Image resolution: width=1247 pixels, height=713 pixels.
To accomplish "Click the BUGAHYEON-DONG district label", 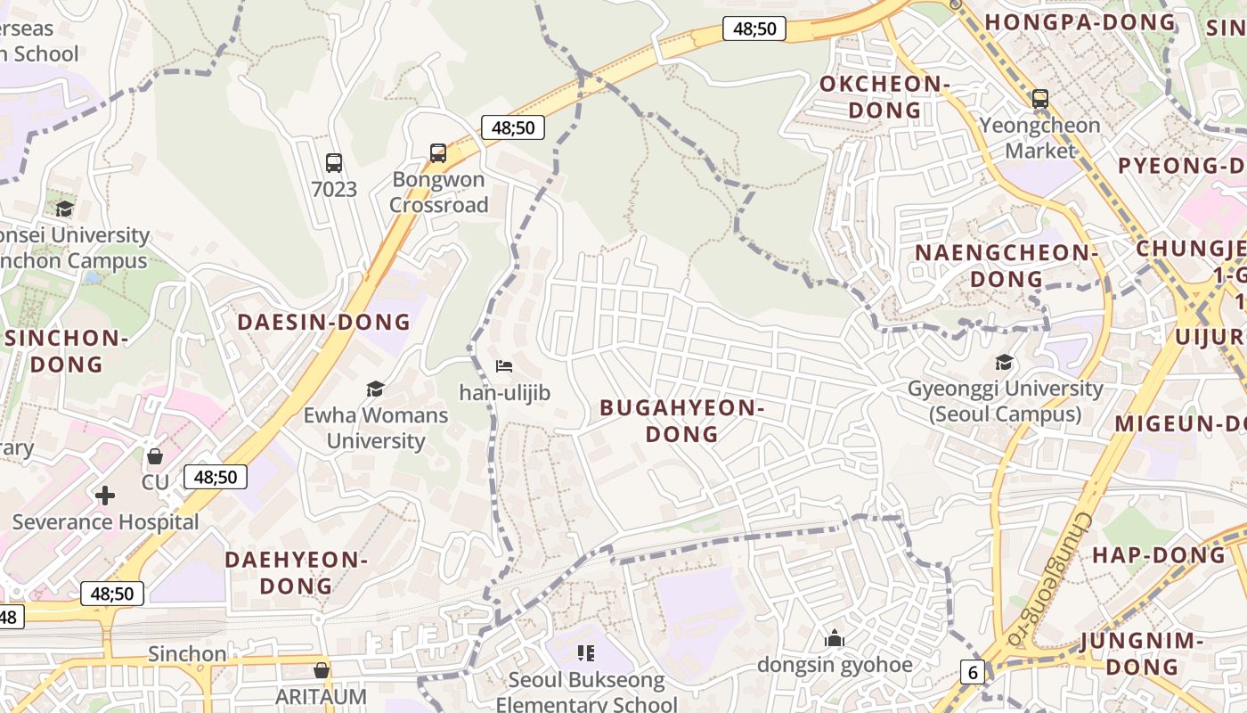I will pyautogui.click(x=682, y=421).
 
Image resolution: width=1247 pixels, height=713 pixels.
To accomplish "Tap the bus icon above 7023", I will pyautogui.click(x=334, y=163).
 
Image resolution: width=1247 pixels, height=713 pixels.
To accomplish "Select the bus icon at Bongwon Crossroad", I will pyautogui.click(x=438, y=153).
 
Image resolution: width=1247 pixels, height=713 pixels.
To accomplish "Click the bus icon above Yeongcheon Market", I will pyautogui.click(x=1039, y=99).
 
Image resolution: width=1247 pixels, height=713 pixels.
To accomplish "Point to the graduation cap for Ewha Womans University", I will pyautogui.click(x=375, y=389).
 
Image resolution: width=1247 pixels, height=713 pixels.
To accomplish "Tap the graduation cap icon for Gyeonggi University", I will pyautogui.click(x=1005, y=363).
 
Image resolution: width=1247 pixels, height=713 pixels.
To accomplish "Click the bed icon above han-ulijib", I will pyautogui.click(x=504, y=366).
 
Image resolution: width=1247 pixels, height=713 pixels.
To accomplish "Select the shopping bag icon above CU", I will pyautogui.click(x=155, y=456).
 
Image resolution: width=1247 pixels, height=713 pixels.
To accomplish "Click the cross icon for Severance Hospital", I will pyautogui.click(x=105, y=496).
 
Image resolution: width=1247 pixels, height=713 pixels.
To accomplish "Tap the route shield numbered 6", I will pyautogui.click(x=973, y=672).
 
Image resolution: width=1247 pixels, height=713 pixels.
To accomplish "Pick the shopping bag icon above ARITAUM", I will pyautogui.click(x=322, y=670).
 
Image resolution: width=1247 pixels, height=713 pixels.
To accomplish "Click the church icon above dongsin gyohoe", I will pyautogui.click(x=835, y=638).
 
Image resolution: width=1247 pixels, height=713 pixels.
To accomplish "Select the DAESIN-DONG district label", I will pyautogui.click(x=324, y=322).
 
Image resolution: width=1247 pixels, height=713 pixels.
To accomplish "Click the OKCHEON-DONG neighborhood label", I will pyautogui.click(x=884, y=97).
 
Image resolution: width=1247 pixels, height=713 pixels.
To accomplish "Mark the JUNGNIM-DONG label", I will pyautogui.click(x=1143, y=653).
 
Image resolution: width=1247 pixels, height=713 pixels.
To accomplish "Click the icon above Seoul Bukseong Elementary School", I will pyautogui.click(x=586, y=653).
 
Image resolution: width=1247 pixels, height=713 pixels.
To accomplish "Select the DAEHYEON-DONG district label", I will pyautogui.click(x=296, y=573).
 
